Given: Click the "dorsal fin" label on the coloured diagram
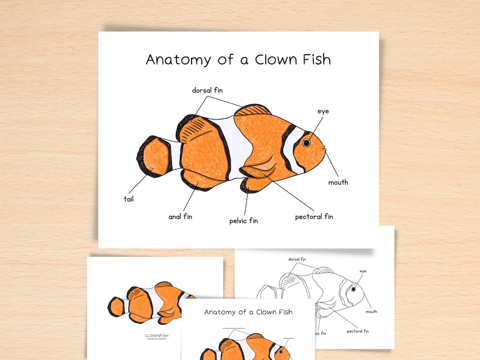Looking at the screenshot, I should click(207, 90).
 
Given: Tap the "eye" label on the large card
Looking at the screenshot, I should click(323, 111).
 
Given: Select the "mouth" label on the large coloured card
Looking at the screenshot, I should click(338, 182).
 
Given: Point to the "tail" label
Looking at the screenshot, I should click(128, 199).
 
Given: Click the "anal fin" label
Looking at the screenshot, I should click(180, 217).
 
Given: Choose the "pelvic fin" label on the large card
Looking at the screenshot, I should click(244, 220).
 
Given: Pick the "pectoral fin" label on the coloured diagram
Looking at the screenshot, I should click(314, 217).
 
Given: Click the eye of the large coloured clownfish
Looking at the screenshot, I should click(307, 143).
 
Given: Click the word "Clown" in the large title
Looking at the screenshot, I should click(271, 60).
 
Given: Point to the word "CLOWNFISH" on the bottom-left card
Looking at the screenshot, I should click(157, 336).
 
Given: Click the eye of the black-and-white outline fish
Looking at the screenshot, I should click(354, 289).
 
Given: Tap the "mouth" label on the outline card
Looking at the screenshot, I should click(372, 312).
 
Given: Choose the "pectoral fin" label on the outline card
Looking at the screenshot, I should click(358, 331).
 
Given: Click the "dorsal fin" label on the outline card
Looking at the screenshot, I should click(297, 259).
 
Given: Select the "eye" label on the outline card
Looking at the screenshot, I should click(363, 271).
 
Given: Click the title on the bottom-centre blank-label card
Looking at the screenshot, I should click(248, 312).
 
